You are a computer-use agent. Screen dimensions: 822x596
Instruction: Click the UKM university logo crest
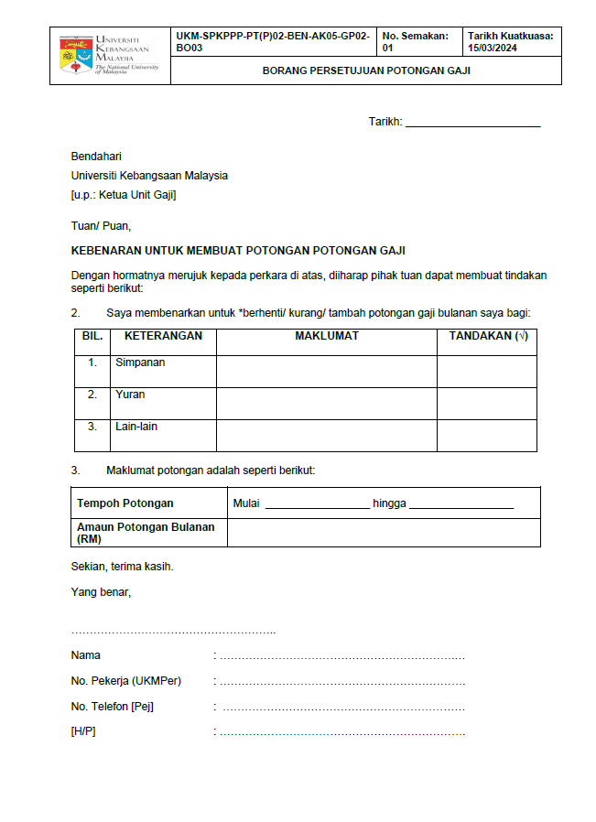75,55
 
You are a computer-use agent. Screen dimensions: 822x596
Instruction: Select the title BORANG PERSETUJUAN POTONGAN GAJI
366,70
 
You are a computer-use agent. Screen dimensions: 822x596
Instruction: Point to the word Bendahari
96,157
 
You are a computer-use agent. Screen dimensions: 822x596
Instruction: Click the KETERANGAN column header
163,337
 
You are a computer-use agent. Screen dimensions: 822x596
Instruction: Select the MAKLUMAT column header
326,337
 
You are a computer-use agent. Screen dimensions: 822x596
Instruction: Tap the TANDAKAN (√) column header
487,337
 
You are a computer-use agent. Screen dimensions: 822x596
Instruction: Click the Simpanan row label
140,362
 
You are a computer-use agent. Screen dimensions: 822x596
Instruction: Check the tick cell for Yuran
487,403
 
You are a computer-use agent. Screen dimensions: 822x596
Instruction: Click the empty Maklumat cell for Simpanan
326,371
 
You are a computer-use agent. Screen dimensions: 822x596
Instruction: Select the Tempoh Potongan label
125,503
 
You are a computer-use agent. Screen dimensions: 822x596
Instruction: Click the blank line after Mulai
317,504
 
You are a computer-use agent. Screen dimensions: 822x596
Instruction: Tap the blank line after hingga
461,504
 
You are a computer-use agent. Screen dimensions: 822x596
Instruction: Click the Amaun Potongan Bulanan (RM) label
146,533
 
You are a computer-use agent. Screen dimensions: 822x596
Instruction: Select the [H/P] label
83,732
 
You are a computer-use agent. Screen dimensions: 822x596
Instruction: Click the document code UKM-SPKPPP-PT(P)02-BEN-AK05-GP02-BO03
272,41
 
